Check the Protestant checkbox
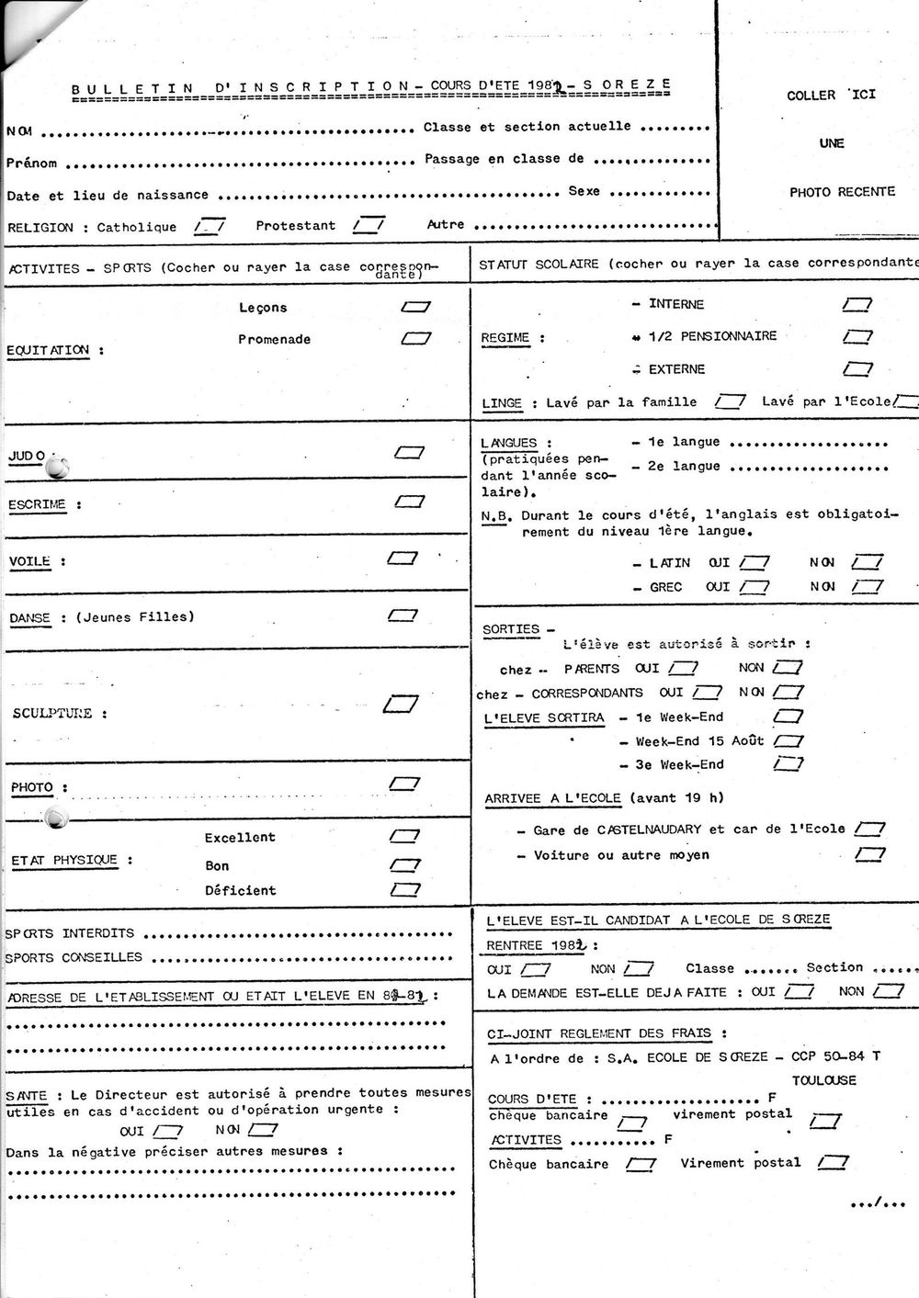369,224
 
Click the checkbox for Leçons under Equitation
416,307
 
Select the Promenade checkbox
416,338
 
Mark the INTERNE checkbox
857,304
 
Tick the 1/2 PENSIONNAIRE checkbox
857,336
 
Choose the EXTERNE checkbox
857,369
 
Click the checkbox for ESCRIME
409,502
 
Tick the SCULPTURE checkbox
400,705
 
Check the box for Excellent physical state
404,836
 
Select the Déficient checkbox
404,889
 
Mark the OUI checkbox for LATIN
754,562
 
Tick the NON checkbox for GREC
867,586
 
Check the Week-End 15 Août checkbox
788,740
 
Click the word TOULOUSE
823,1080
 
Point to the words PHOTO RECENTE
842,192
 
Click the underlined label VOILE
30,561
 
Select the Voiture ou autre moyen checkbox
868,855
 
